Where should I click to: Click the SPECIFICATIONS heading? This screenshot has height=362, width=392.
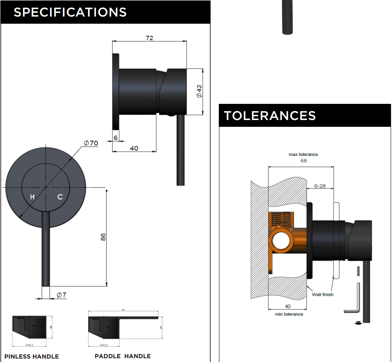(x=70, y=12)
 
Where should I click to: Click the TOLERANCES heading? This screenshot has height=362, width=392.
(x=270, y=116)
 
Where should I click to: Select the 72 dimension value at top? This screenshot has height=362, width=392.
(x=149, y=38)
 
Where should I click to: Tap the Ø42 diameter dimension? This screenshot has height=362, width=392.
(x=199, y=91)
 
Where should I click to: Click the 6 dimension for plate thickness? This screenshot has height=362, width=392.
(x=116, y=138)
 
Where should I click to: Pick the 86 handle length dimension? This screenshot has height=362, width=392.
(x=103, y=237)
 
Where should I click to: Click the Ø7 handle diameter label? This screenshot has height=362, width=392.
(x=61, y=295)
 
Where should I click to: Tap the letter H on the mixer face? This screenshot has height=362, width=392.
(x=32, y=197)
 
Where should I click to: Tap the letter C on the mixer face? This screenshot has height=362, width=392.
(x=60, y=197)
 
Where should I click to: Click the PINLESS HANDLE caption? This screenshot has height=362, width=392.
(x=32, y=356)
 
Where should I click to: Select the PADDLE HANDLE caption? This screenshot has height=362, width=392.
(x=122, y=356)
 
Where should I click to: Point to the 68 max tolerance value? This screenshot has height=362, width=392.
(x=304, y=161)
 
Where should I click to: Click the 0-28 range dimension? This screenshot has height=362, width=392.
(x=320, y=186)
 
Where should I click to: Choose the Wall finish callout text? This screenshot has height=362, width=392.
(x=323, y=294)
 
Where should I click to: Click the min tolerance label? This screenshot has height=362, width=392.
(x=289, y=314)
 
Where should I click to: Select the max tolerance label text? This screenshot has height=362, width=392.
(x=303, y=154)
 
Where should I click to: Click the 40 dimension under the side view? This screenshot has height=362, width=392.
(x=134, y=148)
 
